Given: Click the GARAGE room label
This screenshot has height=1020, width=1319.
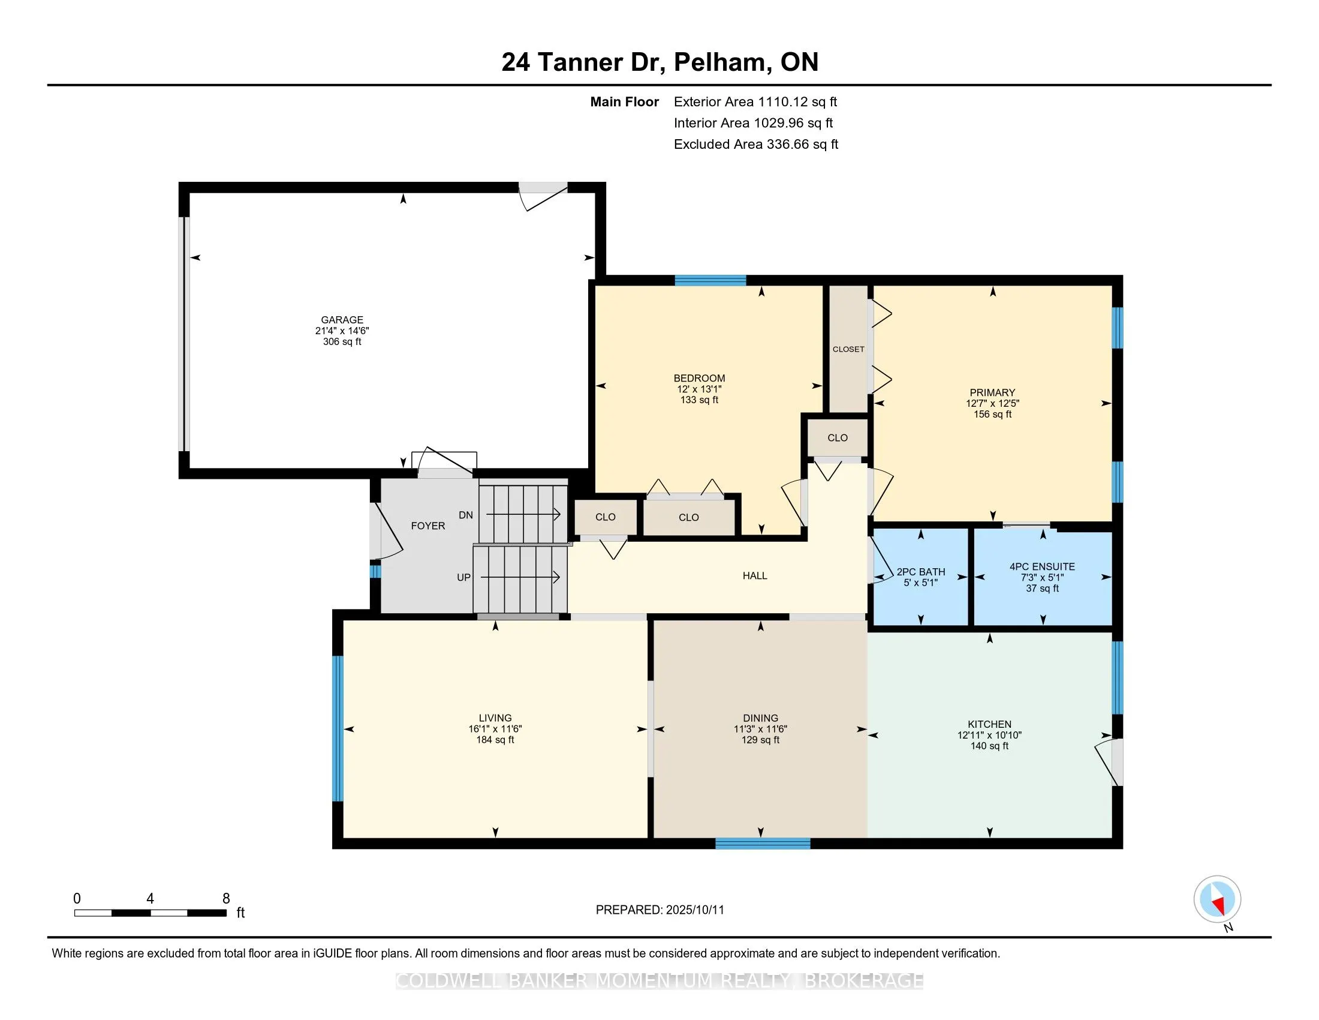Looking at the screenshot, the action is (342, 320).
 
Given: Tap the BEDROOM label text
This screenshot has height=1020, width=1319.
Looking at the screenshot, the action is (699, 378).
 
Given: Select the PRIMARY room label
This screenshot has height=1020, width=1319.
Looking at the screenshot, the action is (992, 393).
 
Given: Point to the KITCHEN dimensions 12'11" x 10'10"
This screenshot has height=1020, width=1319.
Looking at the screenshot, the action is (989, 736).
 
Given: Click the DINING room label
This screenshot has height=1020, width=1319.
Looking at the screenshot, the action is (760, 719).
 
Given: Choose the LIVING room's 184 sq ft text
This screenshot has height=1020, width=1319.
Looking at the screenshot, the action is (495, 740).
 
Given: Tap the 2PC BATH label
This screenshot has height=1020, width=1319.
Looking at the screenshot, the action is (921, 572).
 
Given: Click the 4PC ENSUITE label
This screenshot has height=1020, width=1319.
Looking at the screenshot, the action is (1043, 567).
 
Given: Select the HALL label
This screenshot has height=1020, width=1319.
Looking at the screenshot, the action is (755, 576).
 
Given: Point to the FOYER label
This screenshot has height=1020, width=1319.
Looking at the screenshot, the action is (428, 526).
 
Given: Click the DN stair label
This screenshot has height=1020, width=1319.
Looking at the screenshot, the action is (466, 515).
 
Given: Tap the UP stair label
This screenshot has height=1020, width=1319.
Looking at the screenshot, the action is (464, 578).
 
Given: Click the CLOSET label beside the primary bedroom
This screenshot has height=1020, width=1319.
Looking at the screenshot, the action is (848, 349).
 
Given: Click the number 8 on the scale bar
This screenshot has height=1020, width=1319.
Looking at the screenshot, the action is (227, 899).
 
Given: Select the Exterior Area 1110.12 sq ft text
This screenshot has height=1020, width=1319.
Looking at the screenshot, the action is (755, 102).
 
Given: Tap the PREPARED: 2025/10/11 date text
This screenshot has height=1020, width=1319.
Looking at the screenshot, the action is (659, 910).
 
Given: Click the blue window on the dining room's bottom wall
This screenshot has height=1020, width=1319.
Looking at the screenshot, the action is (763, 844).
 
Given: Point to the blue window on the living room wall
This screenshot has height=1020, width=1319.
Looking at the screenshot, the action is (338, 728).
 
